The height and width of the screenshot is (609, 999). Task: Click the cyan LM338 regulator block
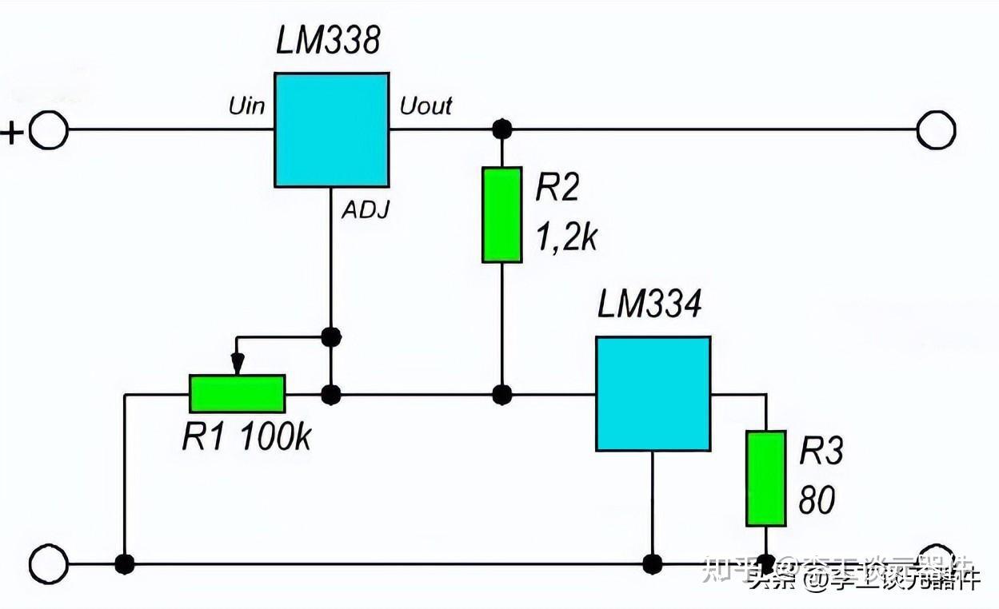click(331, 130)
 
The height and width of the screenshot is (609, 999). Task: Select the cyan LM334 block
click(653, 393)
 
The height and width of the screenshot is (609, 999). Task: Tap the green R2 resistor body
click(501, 214)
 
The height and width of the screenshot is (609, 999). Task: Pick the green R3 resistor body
click(765, 478)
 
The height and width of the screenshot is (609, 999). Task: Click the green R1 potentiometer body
click(237, 394)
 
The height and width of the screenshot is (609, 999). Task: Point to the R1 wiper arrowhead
click(237, 367)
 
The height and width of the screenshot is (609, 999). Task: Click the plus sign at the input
click(11, 131)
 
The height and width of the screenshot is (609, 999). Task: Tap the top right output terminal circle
click(936, 129)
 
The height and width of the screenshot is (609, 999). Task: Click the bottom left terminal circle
click(48, 563)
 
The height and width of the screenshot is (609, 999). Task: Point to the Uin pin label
click(247, 106)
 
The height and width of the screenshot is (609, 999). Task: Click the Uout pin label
click(426, 106)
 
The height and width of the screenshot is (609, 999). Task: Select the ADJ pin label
click(366, 210)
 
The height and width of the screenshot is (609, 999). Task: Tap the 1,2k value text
click(566, 237)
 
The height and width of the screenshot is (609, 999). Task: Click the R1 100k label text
click(246, 437)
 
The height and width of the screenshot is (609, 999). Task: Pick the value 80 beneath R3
click(817, 501)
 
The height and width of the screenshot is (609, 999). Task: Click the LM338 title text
click(328, 42)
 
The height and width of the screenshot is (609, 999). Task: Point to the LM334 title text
click(649, 304)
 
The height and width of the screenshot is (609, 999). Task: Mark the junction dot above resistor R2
click(501, 129)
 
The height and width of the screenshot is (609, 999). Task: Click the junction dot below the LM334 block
click(653, 563)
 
